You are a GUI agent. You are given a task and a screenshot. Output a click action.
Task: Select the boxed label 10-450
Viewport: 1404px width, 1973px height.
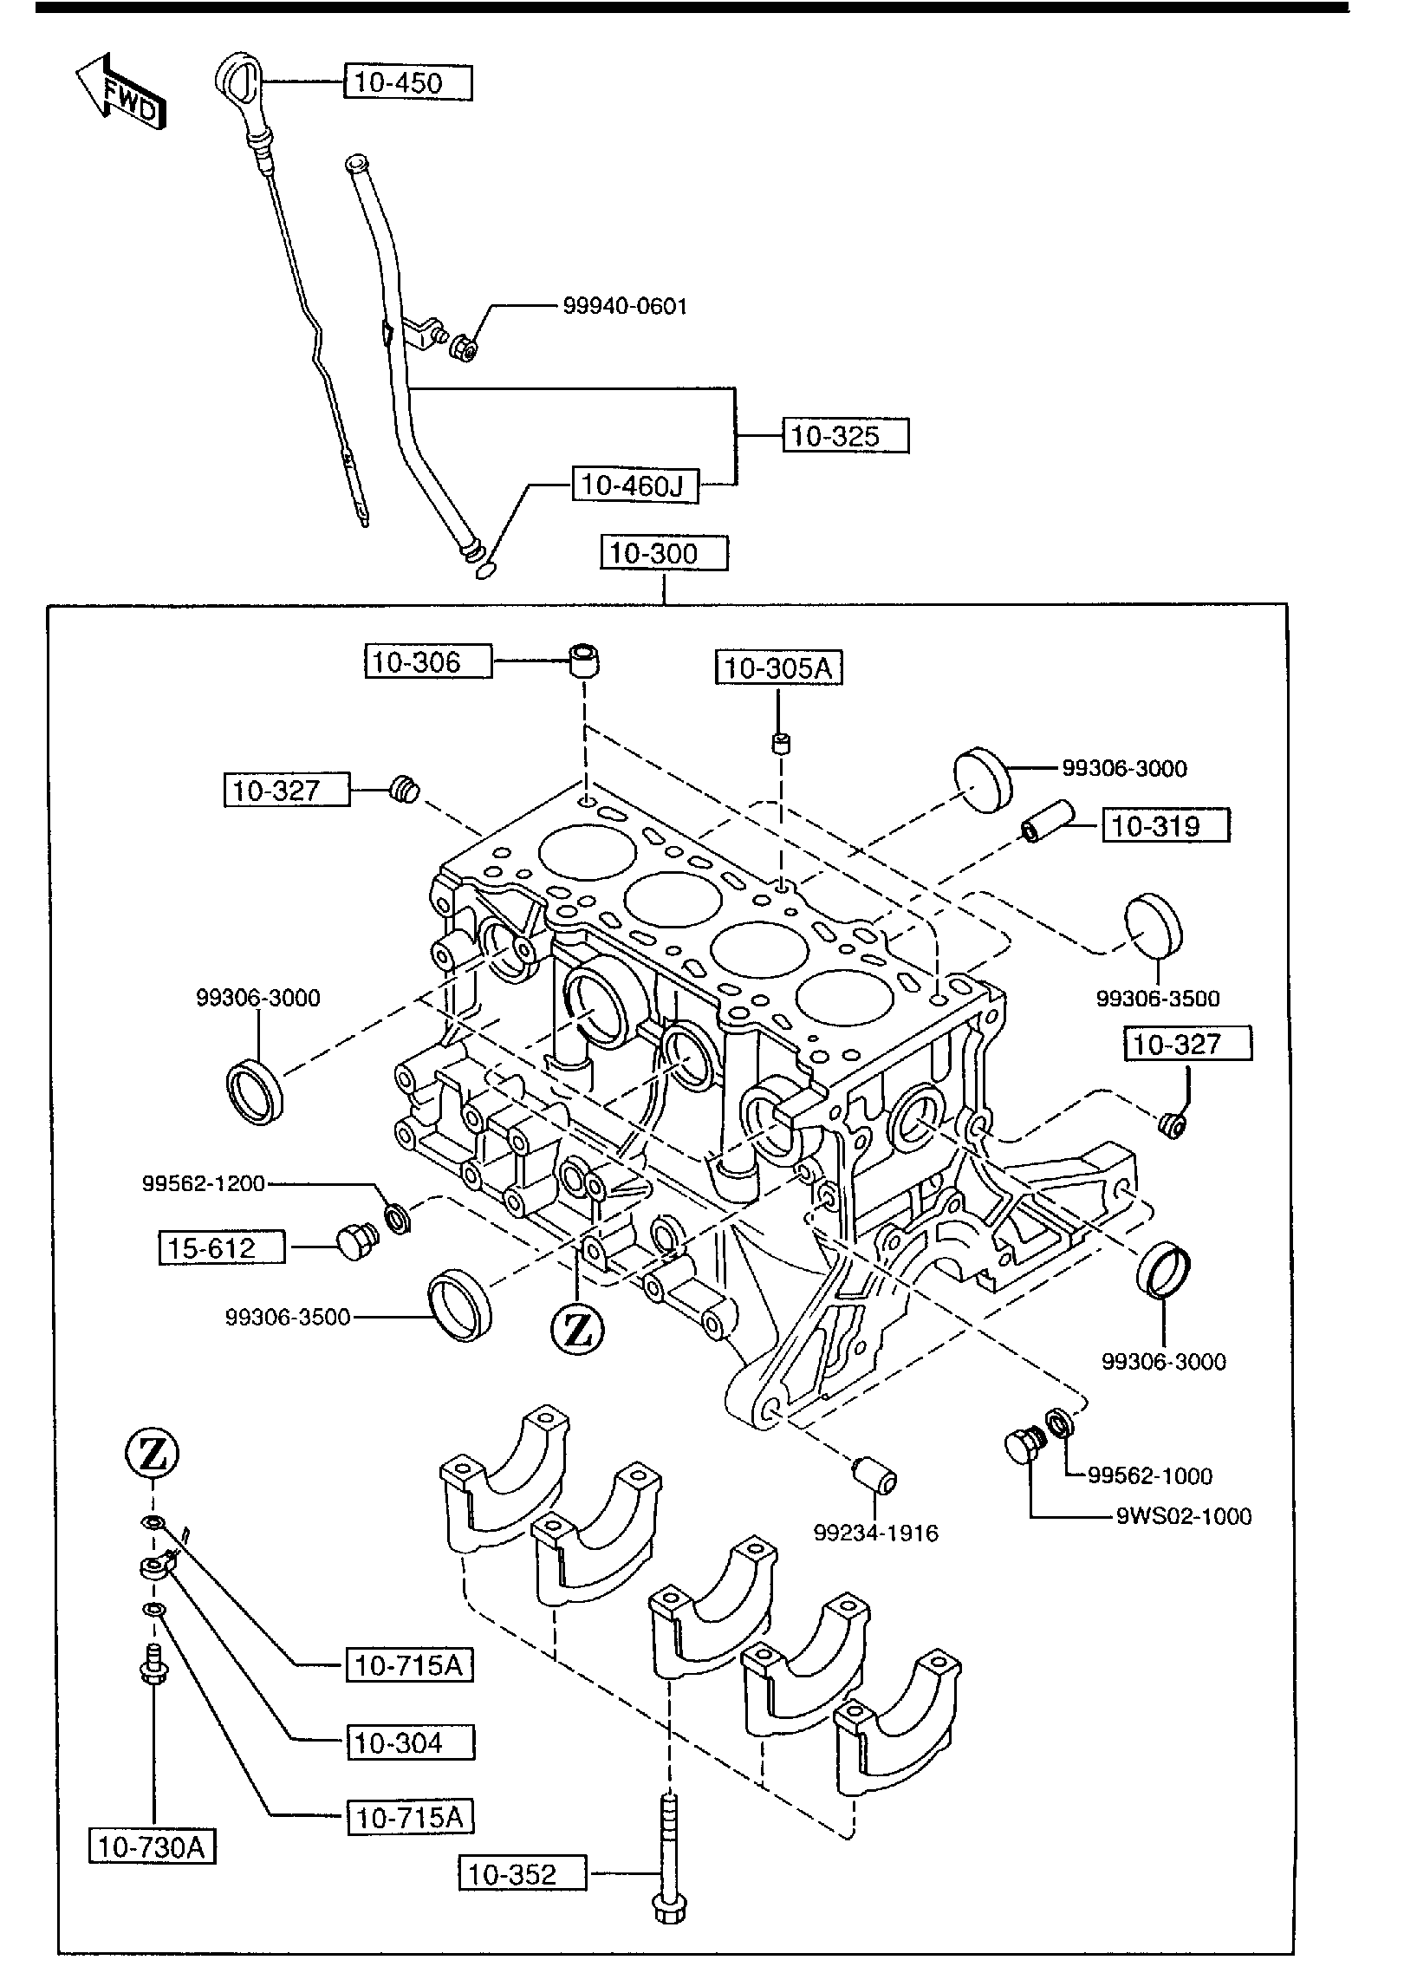(x=409, y=83)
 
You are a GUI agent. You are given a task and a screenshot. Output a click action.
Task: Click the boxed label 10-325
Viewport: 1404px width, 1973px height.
(x=846, y=435)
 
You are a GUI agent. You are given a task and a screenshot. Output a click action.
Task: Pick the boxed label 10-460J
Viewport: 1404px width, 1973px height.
(x=635, y=485)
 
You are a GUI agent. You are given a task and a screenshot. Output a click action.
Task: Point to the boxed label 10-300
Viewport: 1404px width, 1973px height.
(x=664, y=553)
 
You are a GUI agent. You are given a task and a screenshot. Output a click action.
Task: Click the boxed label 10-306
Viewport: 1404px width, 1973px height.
(x=428, y=662)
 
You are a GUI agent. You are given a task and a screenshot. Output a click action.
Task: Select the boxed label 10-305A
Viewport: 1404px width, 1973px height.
(x=779, y=668)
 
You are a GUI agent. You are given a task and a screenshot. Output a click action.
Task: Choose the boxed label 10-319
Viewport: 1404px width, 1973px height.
(x=1166, y=825)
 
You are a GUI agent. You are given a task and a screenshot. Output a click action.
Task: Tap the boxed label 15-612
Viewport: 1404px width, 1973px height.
(x=222, y=1248)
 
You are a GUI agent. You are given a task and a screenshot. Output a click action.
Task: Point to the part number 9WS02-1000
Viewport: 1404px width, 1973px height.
(x=1184, y=1516)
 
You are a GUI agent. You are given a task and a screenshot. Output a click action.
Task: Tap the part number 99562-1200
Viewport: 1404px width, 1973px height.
(x=204, y=1184)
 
